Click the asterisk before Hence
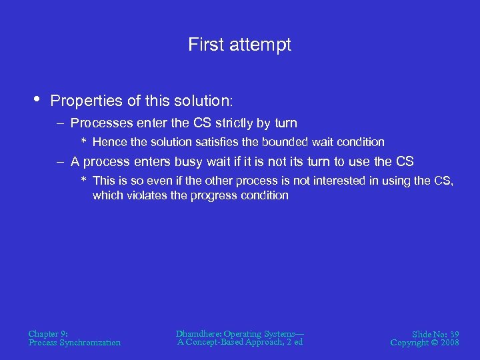coord(84,142)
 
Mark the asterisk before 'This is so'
coord(84,181)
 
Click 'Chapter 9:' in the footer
coord(48,333)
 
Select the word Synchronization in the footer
coord(91,343)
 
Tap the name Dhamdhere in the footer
coord(198,333)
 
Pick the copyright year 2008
coord(449,343)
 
